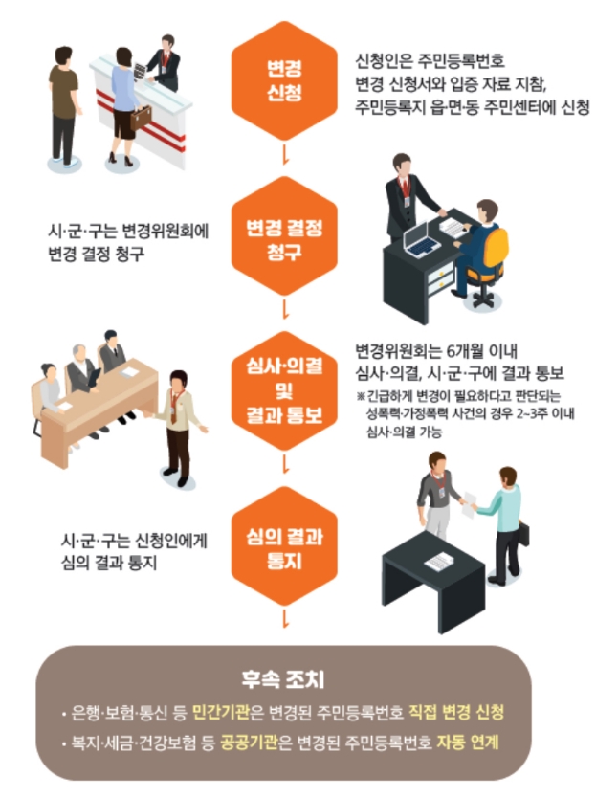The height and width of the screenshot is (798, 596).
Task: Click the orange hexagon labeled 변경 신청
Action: tap(282, 79)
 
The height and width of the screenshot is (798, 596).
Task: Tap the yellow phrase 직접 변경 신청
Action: tap(463, 713)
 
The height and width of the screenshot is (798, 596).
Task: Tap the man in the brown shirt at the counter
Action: tap(64, 100)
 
